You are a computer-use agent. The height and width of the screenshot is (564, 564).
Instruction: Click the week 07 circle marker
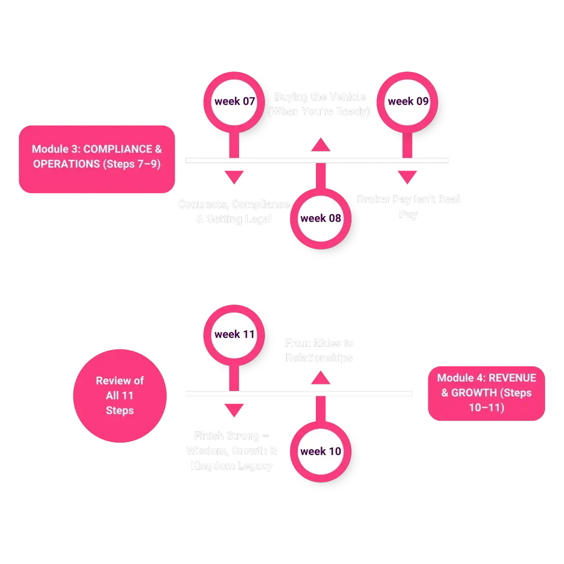point(234,102)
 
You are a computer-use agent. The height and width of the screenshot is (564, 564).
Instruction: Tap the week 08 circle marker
point(321,218)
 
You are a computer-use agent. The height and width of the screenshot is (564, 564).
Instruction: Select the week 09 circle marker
point(407,102)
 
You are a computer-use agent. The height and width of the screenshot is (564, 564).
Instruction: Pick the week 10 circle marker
point(321,451)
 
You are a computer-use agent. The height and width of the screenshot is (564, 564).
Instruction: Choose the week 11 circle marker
point(234,335)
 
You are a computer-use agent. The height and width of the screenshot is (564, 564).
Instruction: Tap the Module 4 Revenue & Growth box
point(486,392)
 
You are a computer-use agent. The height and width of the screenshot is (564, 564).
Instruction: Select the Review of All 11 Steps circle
point(119,395)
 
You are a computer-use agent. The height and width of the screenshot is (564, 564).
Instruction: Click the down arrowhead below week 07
point(234,177)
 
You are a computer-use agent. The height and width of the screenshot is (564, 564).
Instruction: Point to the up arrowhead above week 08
point(321,145)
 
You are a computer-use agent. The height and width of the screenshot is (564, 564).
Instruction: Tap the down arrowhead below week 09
point(407,177)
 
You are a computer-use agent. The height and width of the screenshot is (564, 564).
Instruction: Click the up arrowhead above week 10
point(321,378)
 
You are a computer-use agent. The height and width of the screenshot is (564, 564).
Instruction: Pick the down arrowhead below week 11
point(234,409)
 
